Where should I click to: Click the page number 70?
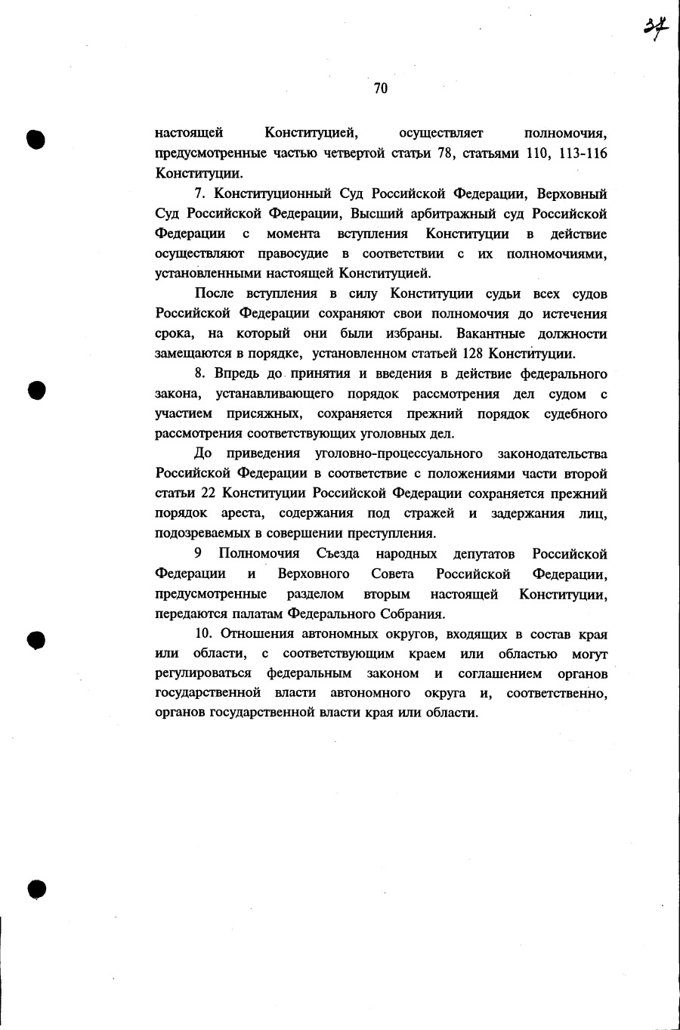[x=380, y=88]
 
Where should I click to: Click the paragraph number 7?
[x=199, y=194]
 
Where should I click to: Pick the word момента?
[x=293, y=234]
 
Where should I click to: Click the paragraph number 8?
[x=199, y=373]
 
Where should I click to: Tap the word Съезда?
[x=337, y=554]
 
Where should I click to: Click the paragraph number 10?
[x=202, y=634]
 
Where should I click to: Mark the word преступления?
[x=388, y=534]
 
